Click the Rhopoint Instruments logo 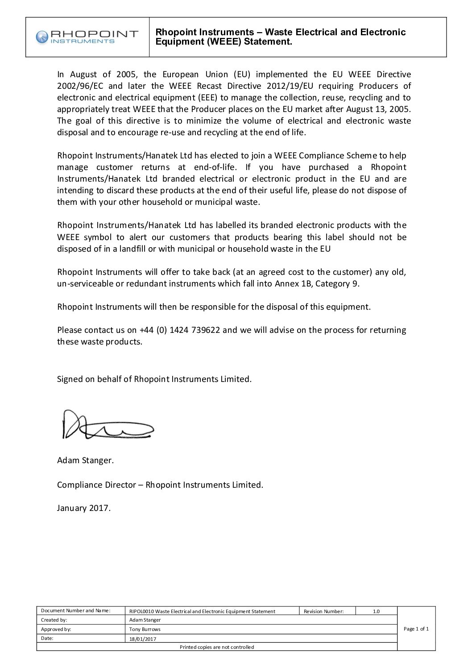[x=87, y=37]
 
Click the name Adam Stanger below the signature [x=85, y=460]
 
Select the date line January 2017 [x=83, y=507]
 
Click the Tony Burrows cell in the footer [x=145, y=629]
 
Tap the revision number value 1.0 [x=376, y=611]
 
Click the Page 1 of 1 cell [x=416, y=629]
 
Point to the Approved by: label [x=56, y=629]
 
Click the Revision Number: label [x=323, y=611]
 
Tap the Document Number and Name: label [x=75, y=610]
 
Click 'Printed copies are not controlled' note [x=217, y=647]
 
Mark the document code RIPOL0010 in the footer [x=141, y=611]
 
